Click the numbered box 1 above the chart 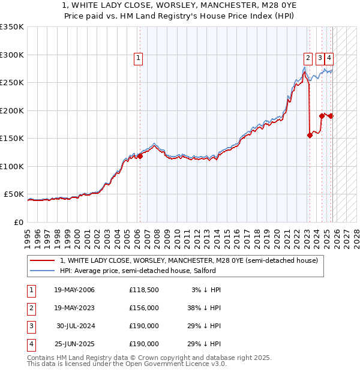coord(139,58)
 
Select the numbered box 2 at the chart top coord(308,58)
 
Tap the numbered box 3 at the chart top coord(320,58)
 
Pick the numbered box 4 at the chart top coord(330,58)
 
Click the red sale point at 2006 coord(140,156)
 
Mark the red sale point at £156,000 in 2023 coord(310,135)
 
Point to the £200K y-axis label coord(11,110)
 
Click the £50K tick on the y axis coord(13,194)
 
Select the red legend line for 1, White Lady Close coord(43,260)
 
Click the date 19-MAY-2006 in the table coord(74,290)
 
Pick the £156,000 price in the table coord(144,308)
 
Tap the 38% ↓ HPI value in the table coord(204,308)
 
